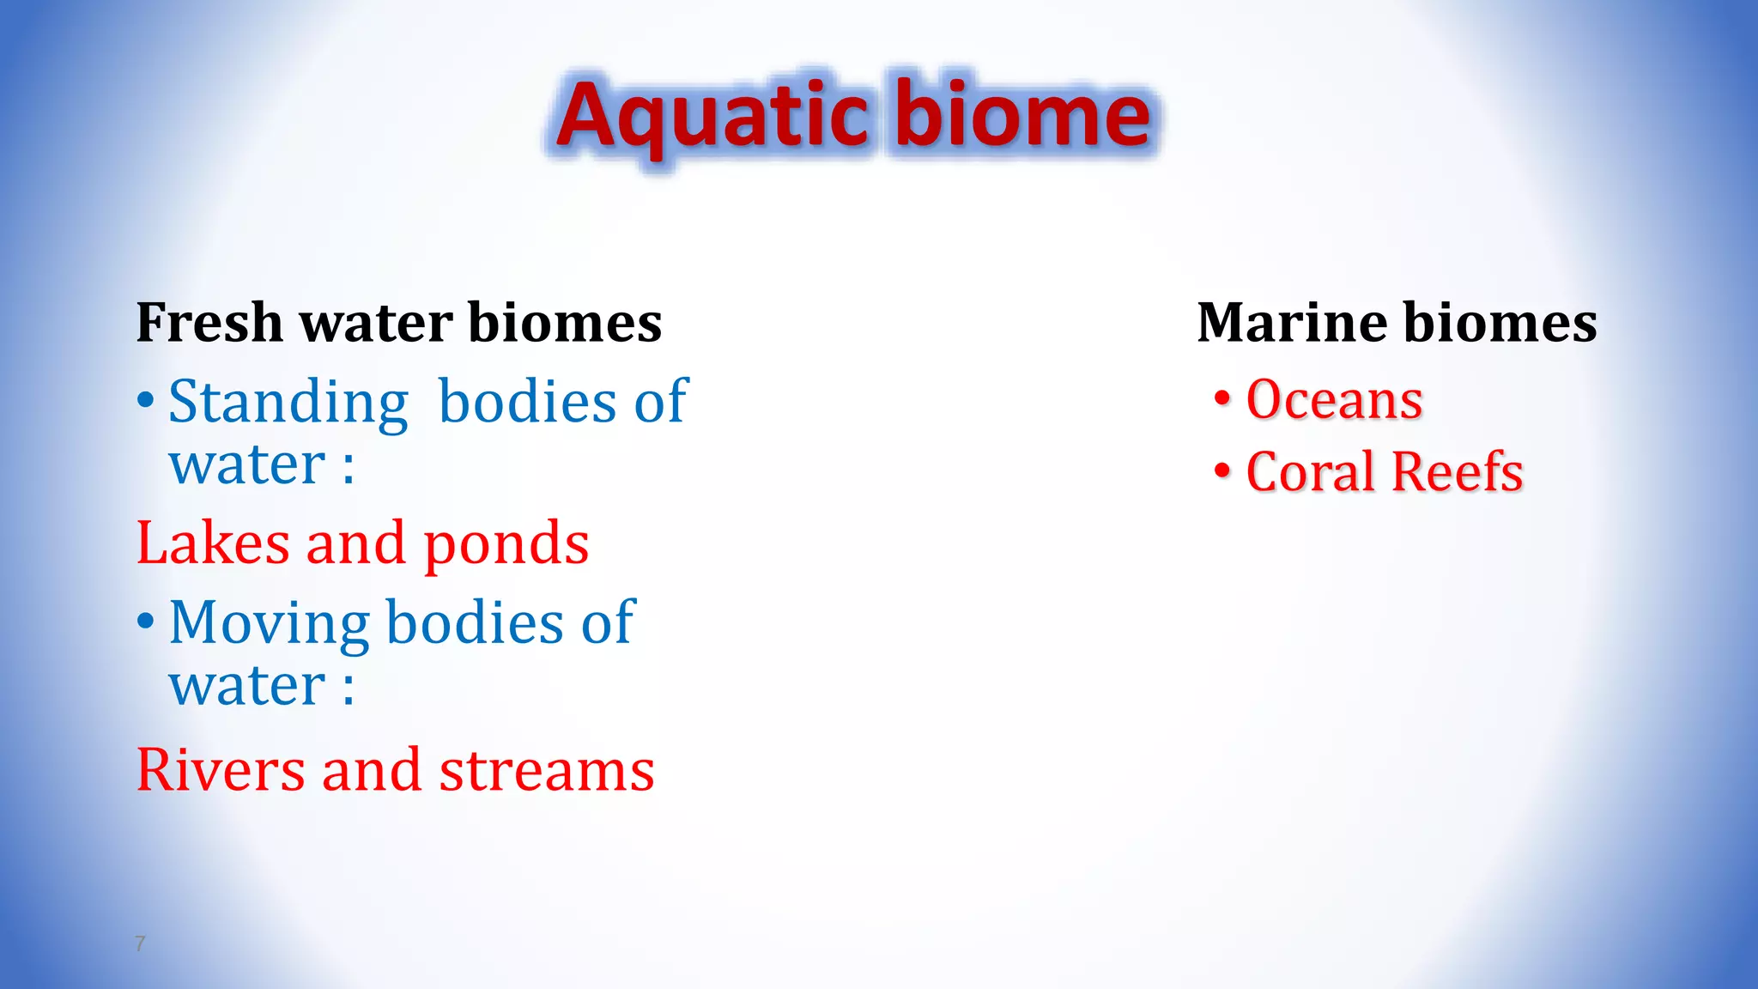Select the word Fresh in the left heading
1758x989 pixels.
209,323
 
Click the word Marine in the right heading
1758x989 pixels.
1291,323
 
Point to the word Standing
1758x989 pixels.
288,402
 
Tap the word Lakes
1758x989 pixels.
213,543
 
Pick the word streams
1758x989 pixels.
547,769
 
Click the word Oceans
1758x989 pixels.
1334,400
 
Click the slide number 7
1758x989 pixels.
141,943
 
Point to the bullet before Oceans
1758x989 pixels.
1222,398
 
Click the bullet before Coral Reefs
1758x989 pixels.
1222,471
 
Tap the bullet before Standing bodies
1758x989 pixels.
146,400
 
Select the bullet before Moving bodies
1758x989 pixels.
146,621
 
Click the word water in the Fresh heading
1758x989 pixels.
376,323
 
